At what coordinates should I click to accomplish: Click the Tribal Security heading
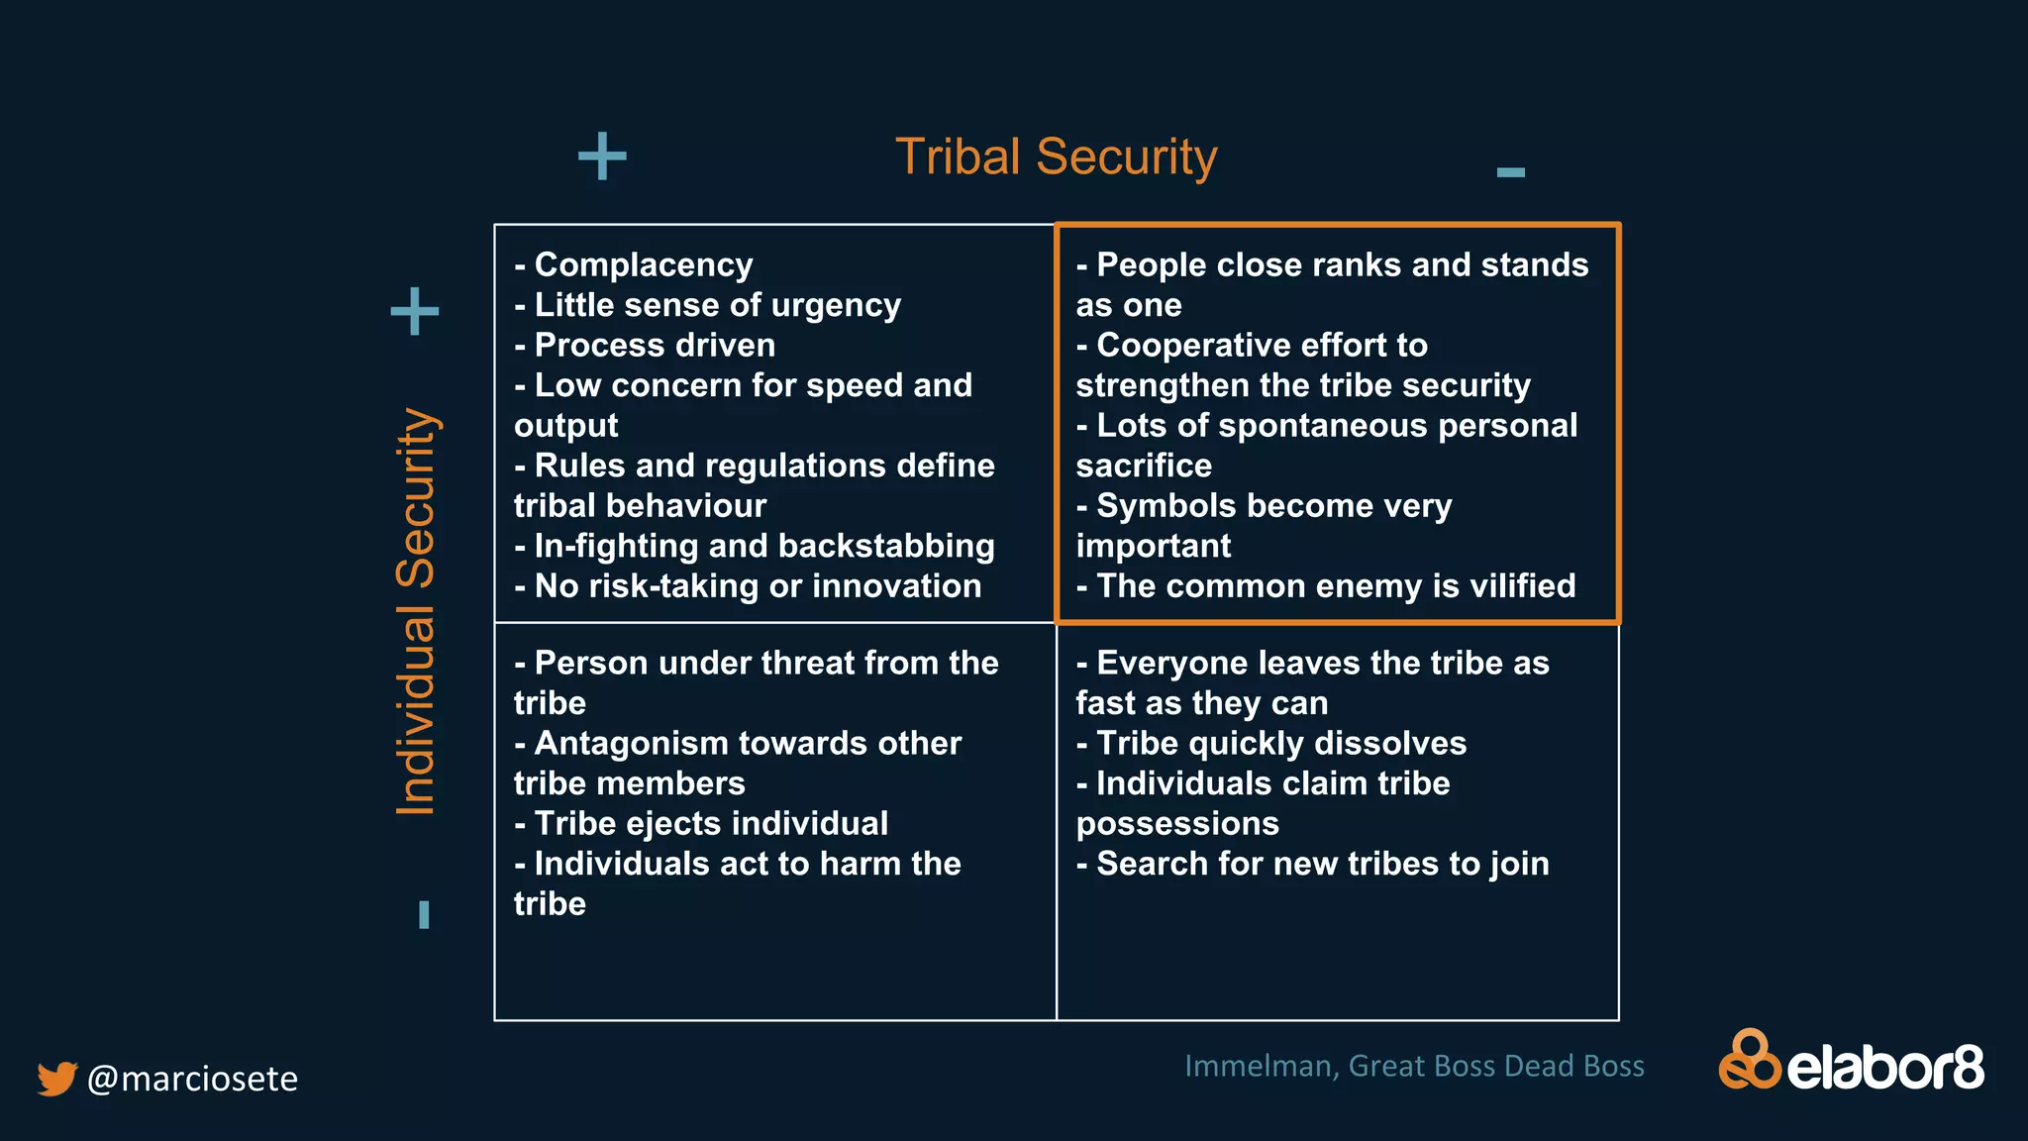tap(1056, 156)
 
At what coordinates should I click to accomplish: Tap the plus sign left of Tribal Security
tap(602, 156)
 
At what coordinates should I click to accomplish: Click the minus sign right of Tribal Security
tap(1510, 172)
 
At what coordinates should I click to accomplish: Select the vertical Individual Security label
tap(416, 611)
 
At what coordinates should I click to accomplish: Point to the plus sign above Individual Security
tap(415, 312)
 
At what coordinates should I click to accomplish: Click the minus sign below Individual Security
tap(424, 914)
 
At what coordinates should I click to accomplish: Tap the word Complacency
tap(644, 264)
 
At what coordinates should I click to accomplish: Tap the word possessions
tap(1177, 823)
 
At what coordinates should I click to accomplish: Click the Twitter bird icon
tap(57, 1078)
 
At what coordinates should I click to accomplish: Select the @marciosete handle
tap(192, 1078)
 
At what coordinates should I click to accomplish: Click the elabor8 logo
tap(1851, 1062)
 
